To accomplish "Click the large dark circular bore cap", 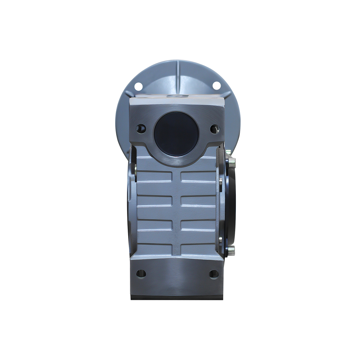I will click(176, 134).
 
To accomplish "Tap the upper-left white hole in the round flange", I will click(138, 86).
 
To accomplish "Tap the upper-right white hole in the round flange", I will click(216, 85).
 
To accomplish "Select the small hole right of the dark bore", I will click(214, 128).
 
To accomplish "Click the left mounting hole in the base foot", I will click(141, 273).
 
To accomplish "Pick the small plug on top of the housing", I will click(177, 96).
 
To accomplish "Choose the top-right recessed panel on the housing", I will click(198, 176).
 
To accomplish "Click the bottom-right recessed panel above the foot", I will click(198, 248).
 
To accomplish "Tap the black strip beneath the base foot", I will click(176, 297).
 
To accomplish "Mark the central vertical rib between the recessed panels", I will click(176, 212).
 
